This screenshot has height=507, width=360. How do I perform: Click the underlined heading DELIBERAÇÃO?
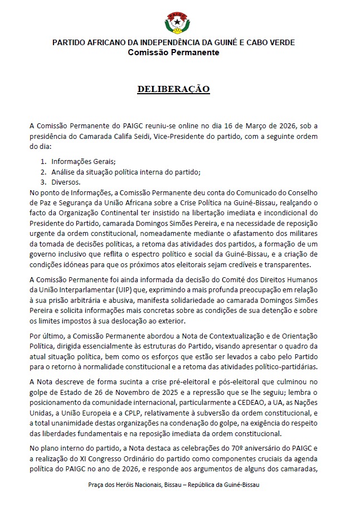click(x=173, y=89)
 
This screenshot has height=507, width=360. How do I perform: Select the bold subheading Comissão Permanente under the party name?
click(x=173, y=52)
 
